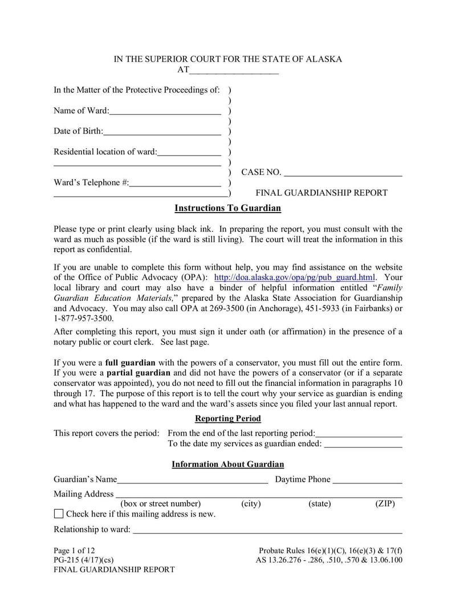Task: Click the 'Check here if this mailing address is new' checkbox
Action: (59, 514)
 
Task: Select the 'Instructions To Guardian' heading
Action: (227, 208)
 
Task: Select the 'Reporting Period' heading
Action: (227, 418)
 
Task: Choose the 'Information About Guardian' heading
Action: (227, 465)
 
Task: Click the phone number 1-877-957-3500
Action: (83, 318)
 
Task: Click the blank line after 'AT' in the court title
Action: (234, 72)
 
